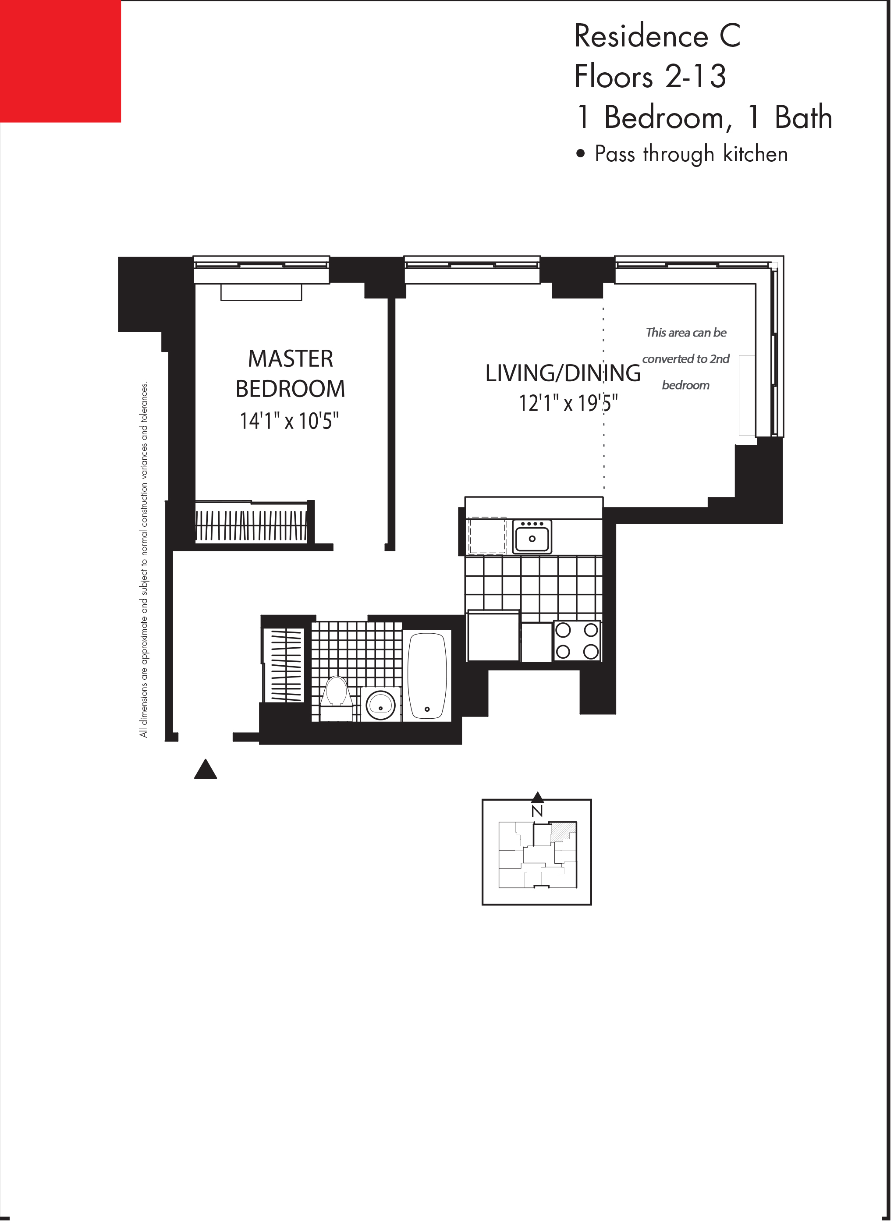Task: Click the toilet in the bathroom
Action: coord(337,694)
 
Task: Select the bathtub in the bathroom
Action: coord(428,676)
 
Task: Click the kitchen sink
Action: coord(532,537)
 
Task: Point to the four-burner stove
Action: coord(577,641)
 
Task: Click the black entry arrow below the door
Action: coord(206,770)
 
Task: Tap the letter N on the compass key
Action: coord(537,811)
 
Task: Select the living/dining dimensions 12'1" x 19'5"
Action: coord(568,403)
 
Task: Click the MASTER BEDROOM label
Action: coord(291,373)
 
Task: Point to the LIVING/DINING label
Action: coord(563,373)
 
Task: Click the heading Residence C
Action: coord(657,37)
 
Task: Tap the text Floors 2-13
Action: coord(650,76)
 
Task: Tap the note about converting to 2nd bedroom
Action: coord(686,359)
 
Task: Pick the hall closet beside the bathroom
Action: coord(283,666)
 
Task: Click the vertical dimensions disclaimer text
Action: coord(143,560)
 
